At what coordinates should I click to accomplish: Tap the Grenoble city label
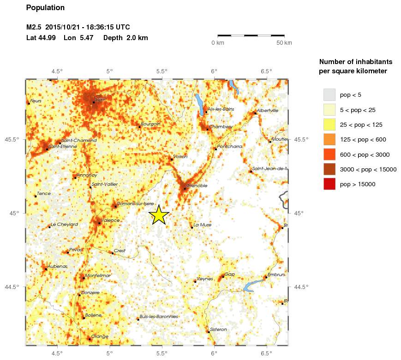coord(197,185)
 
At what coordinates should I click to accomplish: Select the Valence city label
coord(110,220)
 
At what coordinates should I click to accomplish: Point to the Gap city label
coord(230,274)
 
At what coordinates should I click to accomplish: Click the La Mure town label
coord(202,225)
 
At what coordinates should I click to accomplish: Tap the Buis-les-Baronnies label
coord(158,317)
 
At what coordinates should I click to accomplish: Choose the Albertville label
coord(268,111)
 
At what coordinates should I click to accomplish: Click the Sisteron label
coord(218,329)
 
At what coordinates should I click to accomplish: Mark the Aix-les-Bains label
coord(221,109)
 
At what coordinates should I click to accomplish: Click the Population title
coord(46,8)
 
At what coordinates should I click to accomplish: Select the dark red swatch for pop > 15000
coord(329,184)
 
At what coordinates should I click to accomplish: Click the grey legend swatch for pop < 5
coord(329,95)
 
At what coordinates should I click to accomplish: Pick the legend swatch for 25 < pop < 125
coord(329,124)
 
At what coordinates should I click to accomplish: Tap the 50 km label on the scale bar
coord(284,43)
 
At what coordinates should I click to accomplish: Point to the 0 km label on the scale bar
coord(218,43)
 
